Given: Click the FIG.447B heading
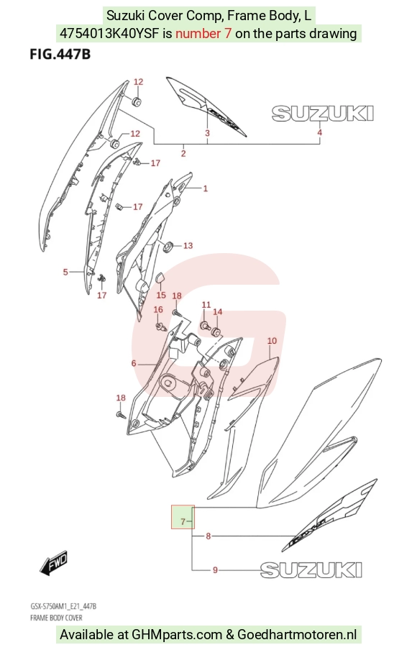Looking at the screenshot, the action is (x=60, y=55).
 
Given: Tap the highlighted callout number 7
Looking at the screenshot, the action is (x=183, y=521).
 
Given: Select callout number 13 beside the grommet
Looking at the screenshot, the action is (x=188, y=246).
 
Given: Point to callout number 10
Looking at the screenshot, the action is (x=272, y=341).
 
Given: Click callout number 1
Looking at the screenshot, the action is (x=205, y=188).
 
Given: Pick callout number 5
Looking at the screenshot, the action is (x=65, y=272).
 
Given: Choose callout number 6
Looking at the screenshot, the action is (x=134, y=364).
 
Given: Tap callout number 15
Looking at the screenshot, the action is (x=161, y=295).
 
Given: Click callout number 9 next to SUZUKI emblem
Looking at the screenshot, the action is (x=215, y=570).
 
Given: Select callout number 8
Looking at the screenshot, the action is (x=208, y=536).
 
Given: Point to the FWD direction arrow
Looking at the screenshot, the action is (x=53, y=563).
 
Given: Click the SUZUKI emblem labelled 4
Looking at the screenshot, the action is (x=323, y=114).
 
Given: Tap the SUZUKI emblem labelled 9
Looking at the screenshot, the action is (x=311, y=570).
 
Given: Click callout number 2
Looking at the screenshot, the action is (x=183, y=154).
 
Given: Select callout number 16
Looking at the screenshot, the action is (x=158, y=310).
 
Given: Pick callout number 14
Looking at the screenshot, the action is (x=218, y=312).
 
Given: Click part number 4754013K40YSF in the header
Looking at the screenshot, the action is (x=110, y=34).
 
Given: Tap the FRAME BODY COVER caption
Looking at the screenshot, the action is (x=56, y=618).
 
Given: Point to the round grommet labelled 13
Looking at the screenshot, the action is (x=169, y=247).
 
